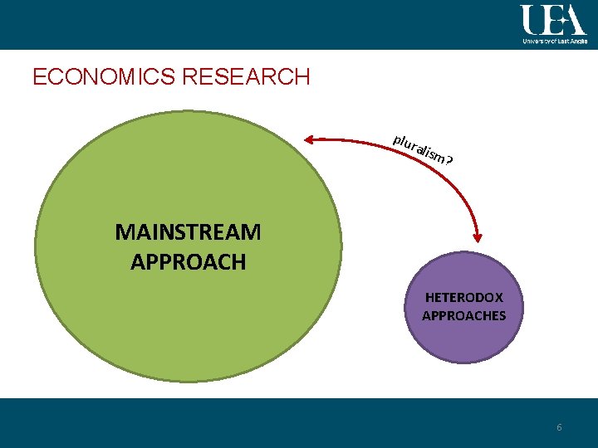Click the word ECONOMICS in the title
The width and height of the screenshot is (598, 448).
(104, 78)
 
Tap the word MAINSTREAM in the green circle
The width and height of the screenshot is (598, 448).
(188, 232)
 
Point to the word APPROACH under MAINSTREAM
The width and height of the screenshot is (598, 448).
(188, 262)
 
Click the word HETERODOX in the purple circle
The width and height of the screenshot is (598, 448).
(463, 296)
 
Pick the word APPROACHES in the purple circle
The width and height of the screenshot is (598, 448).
(463, 315)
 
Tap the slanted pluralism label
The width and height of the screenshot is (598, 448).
(419, 147)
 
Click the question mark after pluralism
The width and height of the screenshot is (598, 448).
(448, 159)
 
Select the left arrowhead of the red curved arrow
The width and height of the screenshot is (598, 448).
(308, 141)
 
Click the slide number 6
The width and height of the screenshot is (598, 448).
(559, 427)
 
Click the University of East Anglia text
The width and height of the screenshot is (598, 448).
(555, 39)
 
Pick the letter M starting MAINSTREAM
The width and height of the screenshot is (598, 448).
(125, 232)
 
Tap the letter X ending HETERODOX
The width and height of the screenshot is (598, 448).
(497, 296)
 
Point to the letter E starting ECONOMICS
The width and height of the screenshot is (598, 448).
(38, 78)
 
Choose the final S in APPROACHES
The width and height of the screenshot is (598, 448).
(501, 315)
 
